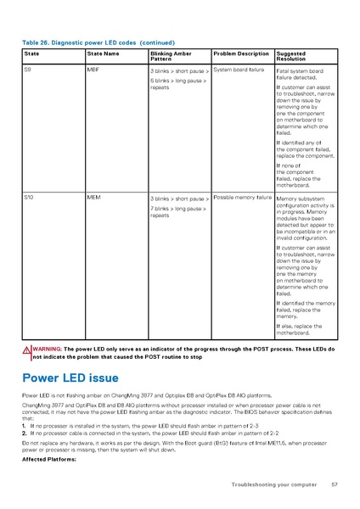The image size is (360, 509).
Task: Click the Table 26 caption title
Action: pos(98,42)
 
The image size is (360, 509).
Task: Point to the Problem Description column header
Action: pos(240,53)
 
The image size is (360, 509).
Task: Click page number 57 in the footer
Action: pos(335,484)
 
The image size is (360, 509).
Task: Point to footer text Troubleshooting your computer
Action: pos(273,484)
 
